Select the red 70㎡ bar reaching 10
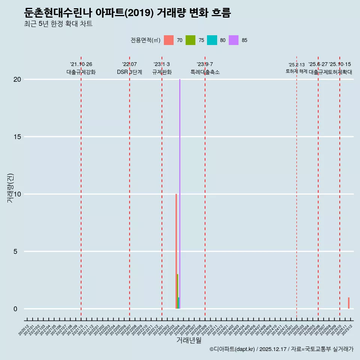click(176, 251)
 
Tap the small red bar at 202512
click(349, 303)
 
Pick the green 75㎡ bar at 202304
click(178, 291)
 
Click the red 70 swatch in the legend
click(169, 40)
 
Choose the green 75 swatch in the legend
click(190, 40)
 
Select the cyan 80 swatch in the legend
click(212, 40)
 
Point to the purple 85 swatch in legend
click(234, 40)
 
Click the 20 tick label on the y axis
click(17, 79)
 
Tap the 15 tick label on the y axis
click(17, 136)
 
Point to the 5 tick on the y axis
click(15, 251)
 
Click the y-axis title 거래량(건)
click(10, 188)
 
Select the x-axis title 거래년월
click(189, 340)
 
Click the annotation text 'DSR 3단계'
click(129, 72)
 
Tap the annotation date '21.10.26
click(81, 64)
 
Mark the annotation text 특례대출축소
click(205, 72)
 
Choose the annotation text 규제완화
click(162, 72)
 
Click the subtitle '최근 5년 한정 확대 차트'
click(58, 24)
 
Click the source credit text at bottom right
click(281, 349)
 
